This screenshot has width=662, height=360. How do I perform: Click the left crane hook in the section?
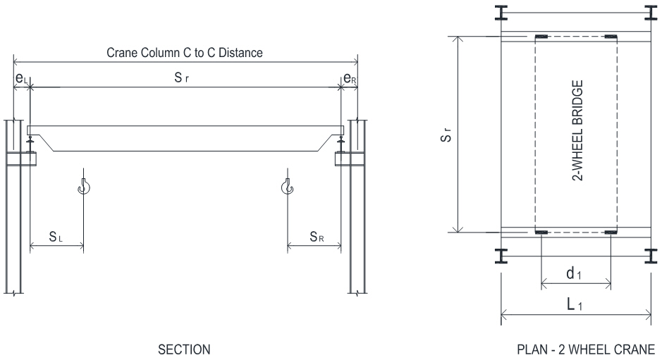pyautogui.click(x=84, y=187)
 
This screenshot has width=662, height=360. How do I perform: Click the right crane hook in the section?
pyautogui.click(x=287, y=187)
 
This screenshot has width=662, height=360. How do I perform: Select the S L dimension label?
pyautogui.click(x=57, y=237)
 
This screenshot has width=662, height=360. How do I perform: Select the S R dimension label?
pyautogui.click(x=317, y=237)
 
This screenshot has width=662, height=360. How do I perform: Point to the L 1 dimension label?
pyautogui.click(x=575, y=304)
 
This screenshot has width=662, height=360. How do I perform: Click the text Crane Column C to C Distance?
pyautogui.click(x=185, y=53)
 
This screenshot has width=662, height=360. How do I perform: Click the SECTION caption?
pyautogui.click(x=185, y=349)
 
